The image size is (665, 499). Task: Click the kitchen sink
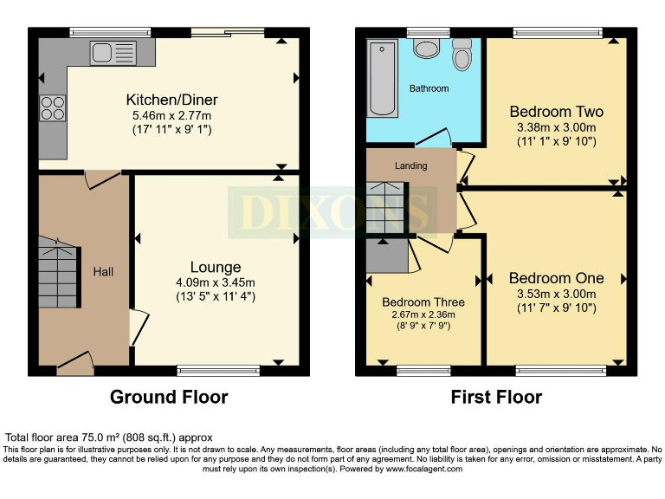pos(110,52)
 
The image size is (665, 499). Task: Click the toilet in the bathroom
pos(462,56)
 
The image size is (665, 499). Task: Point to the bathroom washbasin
pos(426,47)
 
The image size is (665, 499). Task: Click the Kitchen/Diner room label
pos(171,100)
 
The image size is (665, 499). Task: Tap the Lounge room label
pos(216,267)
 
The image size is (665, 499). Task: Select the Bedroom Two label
pos(556,112)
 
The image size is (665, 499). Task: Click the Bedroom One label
pos(556,278)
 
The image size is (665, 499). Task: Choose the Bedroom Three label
pos(423,302)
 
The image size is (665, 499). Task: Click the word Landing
pos(411,165)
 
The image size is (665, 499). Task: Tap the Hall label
pos(103,272)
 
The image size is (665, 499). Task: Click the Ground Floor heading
pos(169,398)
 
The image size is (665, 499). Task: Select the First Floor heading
pos(496,398)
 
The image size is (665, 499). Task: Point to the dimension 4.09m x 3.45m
pos(216,282)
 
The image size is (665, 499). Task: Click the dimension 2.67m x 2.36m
pos(423,314)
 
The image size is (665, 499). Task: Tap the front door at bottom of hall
pos(74,363)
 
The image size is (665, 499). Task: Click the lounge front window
pos(218,371)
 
